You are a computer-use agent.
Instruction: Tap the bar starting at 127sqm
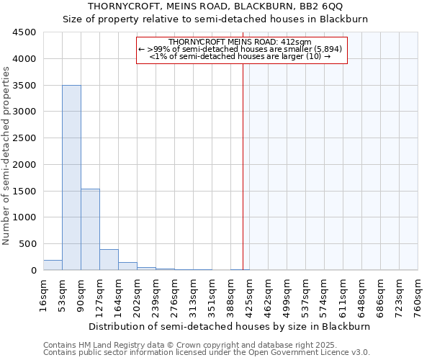(109, 260)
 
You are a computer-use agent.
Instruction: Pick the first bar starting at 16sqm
(53, 265)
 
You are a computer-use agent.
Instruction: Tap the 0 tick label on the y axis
(33, 271)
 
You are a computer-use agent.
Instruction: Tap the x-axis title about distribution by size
(230, 326)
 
